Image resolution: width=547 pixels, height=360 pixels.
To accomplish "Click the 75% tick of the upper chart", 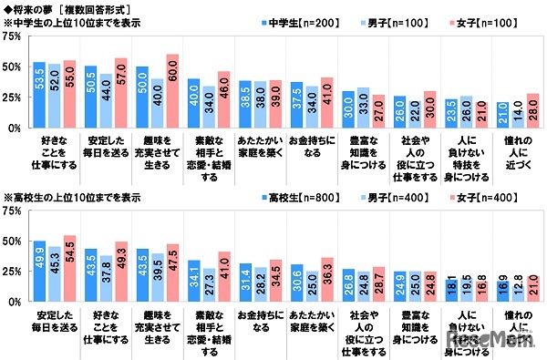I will (x=13, y=36).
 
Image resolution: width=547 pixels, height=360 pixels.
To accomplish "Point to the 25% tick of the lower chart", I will (x=13, y=273).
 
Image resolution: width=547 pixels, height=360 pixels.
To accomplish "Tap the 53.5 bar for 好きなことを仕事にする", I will (x=38, y=95).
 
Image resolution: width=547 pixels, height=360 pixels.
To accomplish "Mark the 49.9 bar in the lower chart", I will (x=38, y=272).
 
